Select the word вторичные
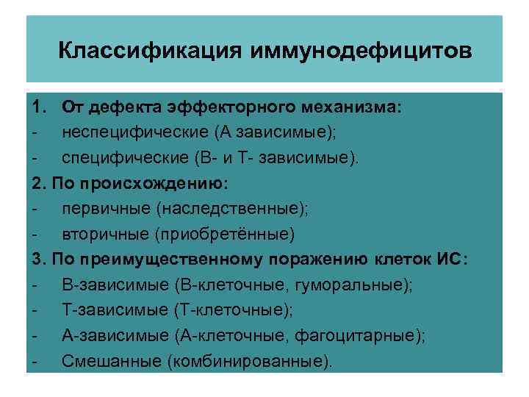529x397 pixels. coord(104,235)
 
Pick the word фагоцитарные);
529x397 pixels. coord(359,336)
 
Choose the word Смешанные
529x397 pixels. coord(110,361)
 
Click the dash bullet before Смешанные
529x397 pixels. coord(35,361)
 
